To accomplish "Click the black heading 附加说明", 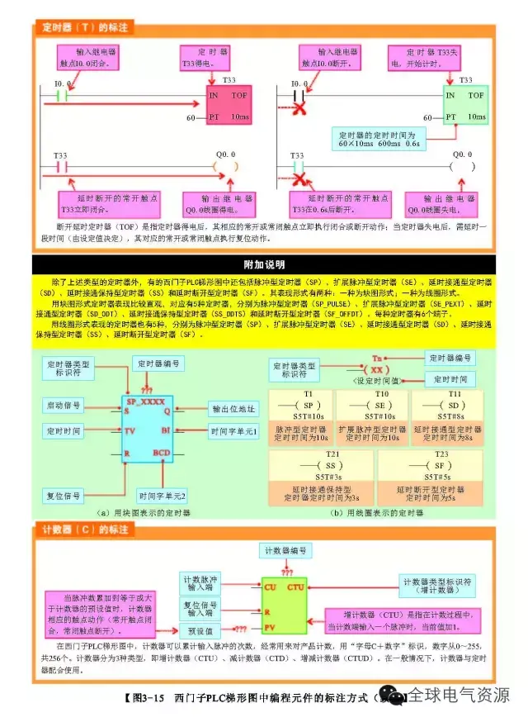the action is point(264,264).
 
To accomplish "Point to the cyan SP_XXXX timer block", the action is point(147,430).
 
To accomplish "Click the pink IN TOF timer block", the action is point(229,106).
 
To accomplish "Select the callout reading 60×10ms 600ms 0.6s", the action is point(379,138).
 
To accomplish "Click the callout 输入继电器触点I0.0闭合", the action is point(96,56).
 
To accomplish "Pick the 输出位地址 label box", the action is point(235,409).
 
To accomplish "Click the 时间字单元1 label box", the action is point(234,431).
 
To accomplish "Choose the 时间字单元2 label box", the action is point(163,496).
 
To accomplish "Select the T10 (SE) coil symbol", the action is point(379,406).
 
